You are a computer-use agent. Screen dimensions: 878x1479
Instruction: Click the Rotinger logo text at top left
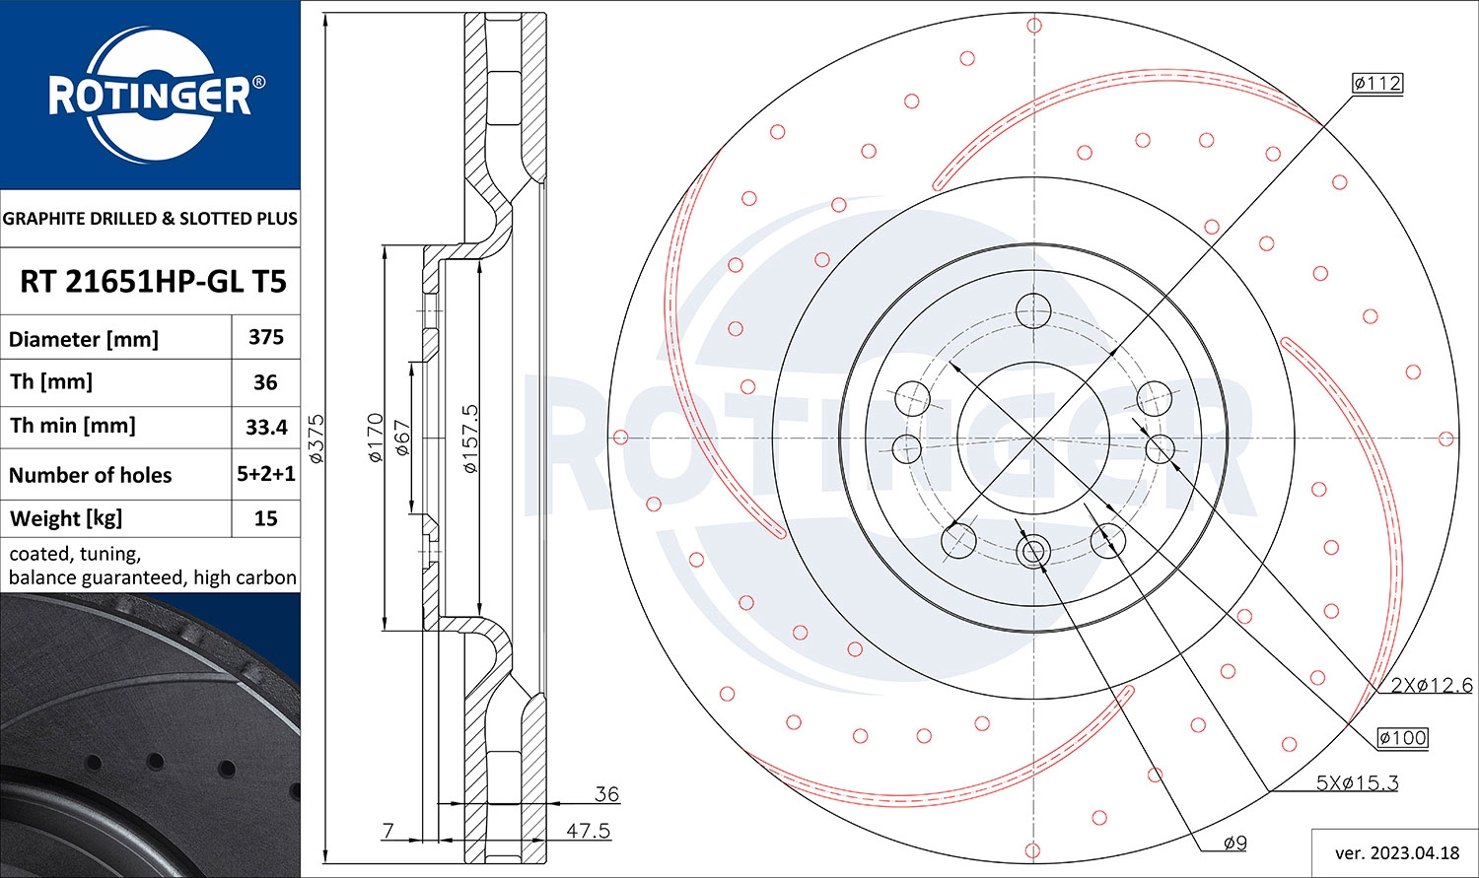(150, 97)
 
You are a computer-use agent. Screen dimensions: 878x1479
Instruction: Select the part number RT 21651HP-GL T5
(153, 282)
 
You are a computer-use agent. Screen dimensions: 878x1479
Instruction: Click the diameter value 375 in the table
(266, 338)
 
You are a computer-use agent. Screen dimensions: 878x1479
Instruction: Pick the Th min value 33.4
(266, 427)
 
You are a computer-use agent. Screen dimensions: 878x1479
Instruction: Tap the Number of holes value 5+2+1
(266, 474)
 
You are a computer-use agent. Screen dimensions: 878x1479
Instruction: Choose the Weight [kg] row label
(65, 518)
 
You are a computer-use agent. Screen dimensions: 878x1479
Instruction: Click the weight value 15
(266, 518)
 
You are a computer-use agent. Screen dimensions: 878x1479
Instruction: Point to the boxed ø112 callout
(1376, 84)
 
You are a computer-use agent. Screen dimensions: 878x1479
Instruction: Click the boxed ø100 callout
(1402, 737)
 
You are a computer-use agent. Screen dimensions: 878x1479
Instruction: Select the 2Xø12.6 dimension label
(1431, 685)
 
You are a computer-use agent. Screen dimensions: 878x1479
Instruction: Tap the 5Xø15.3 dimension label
(1357, 783)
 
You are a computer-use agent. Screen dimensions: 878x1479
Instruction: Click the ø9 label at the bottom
(1234, 843)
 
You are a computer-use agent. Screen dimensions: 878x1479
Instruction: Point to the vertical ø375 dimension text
(317, 439)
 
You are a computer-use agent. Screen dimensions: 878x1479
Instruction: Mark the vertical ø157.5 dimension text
(470, 439)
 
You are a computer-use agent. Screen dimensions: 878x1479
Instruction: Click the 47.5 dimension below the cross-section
(588, 831)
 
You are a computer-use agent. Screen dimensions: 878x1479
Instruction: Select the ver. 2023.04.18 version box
(1394, 852)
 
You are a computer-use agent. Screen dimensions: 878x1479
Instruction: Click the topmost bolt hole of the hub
(1033, 309)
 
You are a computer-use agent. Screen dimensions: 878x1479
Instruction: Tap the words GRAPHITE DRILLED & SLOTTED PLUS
(150, 219)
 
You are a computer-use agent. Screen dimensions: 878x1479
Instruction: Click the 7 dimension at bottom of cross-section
(388, 831)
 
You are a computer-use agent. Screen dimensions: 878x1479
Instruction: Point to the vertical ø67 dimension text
(401, 439)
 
